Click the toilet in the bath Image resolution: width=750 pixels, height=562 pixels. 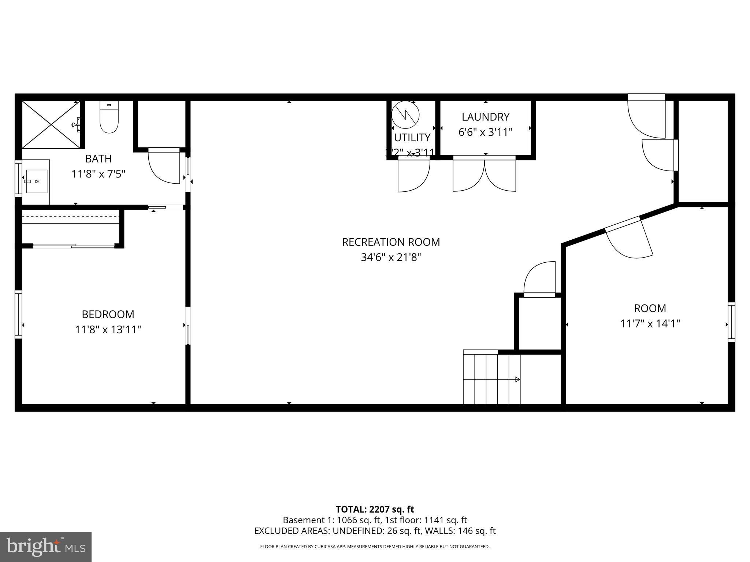coord(109,118)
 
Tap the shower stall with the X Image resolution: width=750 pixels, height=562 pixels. coord(51,125)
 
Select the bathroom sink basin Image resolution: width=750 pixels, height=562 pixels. coord(36,181)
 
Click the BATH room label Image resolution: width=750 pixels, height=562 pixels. coord(98,159)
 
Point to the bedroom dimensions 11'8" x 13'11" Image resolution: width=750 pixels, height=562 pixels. coord(108,330)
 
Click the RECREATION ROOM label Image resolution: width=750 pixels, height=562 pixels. coord(391,242)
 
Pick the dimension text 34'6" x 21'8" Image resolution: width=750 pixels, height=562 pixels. coord(391,258)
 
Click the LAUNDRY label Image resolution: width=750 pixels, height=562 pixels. coord(485,117)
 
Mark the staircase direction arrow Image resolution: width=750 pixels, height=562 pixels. coord(517,379)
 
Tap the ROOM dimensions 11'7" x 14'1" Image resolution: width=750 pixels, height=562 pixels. coord(650,324)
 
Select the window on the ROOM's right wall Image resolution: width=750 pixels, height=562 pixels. coord(731,322)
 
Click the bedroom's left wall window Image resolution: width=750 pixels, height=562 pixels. coord(18,314)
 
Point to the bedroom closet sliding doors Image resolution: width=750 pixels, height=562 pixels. coord(73,246)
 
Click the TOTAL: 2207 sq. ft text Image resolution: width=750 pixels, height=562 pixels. coord(375,509)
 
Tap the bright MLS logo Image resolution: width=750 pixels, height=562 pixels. coord(46,547)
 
